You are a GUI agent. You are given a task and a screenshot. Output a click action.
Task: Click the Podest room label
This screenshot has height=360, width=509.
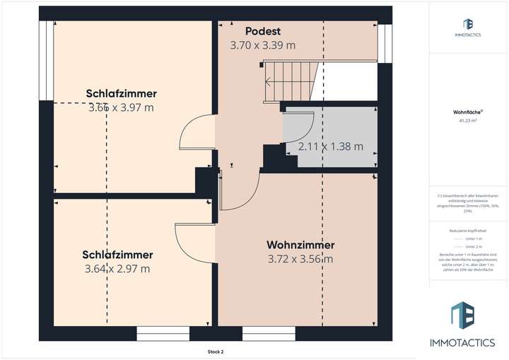point(263,31)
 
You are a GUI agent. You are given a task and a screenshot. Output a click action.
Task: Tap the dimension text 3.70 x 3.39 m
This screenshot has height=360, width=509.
point(262,45)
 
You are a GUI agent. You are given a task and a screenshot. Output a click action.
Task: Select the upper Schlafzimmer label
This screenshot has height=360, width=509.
point(121,93)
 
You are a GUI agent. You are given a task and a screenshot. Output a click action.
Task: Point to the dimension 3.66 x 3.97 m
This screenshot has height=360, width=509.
point(121,108)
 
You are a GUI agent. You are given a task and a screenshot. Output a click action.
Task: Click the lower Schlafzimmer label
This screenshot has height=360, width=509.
point(117,255)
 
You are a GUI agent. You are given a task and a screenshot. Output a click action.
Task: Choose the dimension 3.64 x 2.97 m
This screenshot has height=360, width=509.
point(117,269)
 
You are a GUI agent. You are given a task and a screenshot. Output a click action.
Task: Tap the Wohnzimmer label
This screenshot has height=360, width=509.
point(300,245)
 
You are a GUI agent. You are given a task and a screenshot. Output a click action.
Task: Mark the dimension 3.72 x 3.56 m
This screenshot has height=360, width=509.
point(300,259)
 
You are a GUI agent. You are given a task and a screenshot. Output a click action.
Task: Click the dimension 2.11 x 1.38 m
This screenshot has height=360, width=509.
point(330,147)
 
